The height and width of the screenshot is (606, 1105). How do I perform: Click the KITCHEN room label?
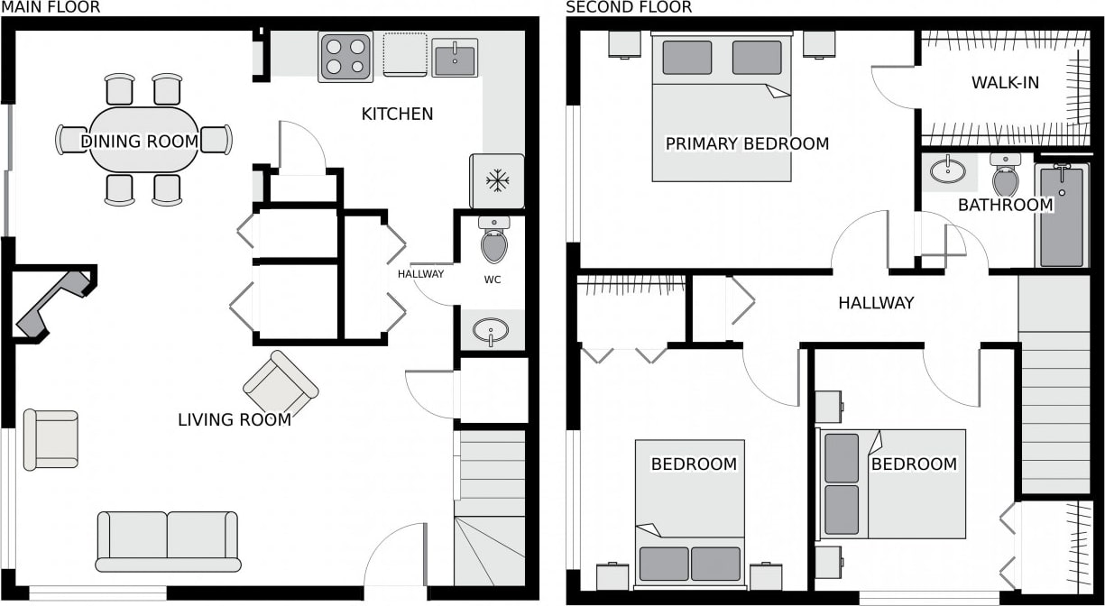point(397,114)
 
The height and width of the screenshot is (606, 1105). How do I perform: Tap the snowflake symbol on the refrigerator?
point(497,181)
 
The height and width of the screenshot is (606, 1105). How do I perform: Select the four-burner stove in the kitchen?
point(345,57)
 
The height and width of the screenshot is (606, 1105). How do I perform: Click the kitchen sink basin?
point(455,58)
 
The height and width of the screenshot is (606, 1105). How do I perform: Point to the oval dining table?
point(143,140)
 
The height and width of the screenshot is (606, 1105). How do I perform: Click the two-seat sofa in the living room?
point(168,541)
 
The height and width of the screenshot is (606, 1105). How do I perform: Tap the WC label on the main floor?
point(493,280)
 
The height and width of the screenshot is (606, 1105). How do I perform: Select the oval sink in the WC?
point(491,330)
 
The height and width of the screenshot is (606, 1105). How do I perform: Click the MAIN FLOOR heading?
point(51,7)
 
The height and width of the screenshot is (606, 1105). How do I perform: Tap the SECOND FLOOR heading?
point(629,7)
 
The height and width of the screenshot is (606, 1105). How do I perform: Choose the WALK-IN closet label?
point(1006,82)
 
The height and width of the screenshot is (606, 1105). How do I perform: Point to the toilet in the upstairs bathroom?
point(1006,175)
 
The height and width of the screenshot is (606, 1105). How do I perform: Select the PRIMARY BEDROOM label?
point(747,143)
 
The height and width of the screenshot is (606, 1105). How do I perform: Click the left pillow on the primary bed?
point(686,57)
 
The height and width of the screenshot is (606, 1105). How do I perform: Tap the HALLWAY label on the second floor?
point(876,302)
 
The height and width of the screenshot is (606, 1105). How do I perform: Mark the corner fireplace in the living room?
point(53,306)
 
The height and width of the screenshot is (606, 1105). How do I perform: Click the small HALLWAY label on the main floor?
point(420,273)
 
